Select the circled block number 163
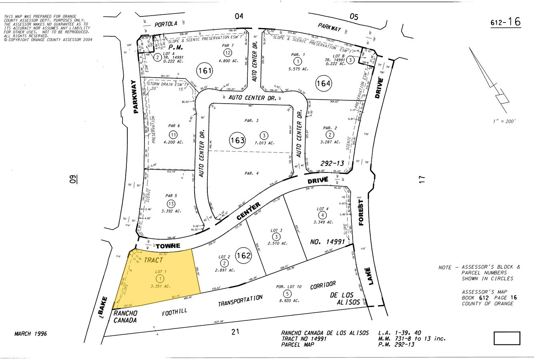(237, 140)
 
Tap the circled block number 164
(323, 83)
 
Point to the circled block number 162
(243, 256)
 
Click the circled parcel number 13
(171, 204)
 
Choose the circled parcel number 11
(173, 134)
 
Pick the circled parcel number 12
(227, 53)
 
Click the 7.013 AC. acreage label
(265, 143)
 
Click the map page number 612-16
(506, 22)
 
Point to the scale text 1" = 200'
(504, 121)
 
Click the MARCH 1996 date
(30, 333)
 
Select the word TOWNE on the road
(168, 246)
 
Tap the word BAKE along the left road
(104, 306)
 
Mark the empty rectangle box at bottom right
(506, 338)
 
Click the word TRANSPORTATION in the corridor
(240, 301)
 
